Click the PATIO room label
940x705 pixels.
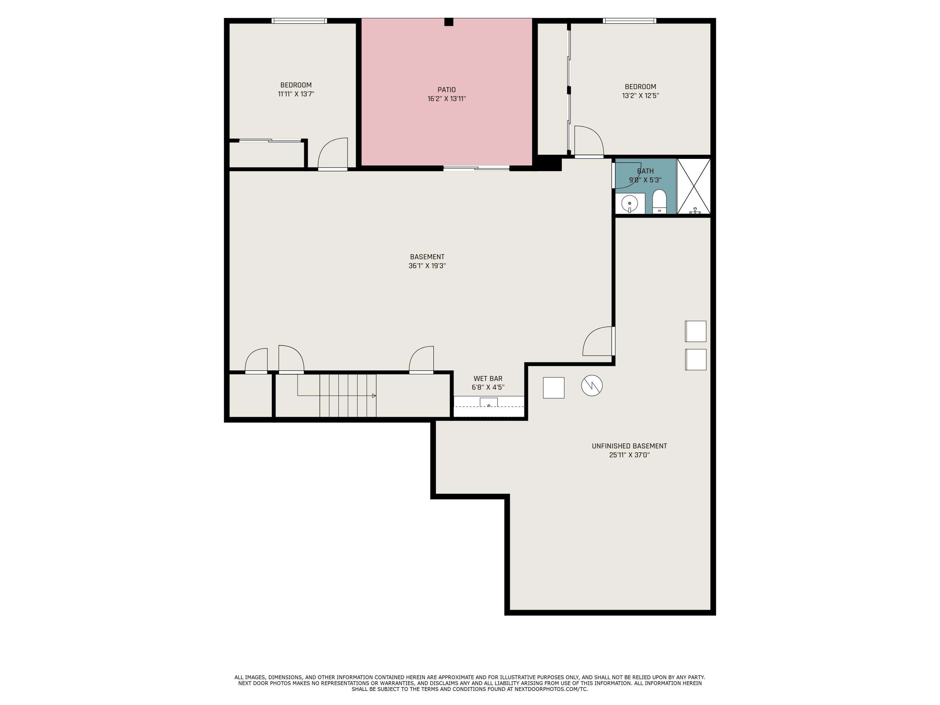click(446, 90)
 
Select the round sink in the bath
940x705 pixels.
click(629, 204)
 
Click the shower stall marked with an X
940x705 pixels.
click(693, 186)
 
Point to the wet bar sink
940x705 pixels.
click(489, 402)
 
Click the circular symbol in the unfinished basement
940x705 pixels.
click(592, 385)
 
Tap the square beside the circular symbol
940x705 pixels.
click(553, 388)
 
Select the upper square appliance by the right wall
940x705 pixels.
click(695, 331)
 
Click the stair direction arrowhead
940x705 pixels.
click(374, 396)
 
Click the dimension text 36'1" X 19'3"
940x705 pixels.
click(427, 266)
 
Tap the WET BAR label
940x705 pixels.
click(488, 378)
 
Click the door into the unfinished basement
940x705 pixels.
click(598, 341)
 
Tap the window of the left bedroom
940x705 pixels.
click(299, 20)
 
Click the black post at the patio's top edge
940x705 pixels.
click(449, 22)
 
